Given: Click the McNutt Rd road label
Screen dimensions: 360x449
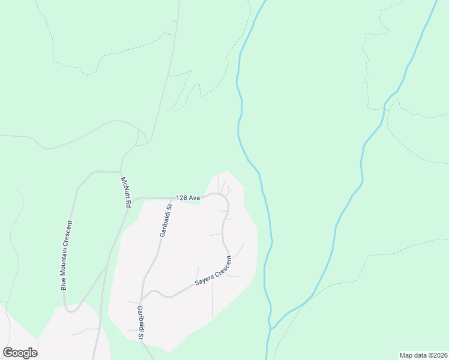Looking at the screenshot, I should (125, 192).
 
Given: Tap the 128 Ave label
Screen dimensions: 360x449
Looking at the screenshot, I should (187, 197).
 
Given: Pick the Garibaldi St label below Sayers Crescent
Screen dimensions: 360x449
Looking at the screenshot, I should (140, 323).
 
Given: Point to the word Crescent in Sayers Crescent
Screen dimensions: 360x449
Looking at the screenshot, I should (222, 265).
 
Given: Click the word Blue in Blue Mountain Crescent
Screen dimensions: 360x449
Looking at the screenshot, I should (63, 281).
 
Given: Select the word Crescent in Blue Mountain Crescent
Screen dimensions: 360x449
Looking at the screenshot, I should (73, 221).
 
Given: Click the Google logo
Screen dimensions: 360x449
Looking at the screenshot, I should (20, 353).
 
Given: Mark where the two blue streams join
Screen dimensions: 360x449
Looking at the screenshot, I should (271, 329).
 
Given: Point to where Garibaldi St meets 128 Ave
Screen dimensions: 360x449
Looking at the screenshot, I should (172, 198).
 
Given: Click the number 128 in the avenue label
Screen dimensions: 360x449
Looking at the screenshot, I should (182, 197).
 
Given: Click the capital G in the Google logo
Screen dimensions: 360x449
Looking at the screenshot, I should (8, 352).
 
